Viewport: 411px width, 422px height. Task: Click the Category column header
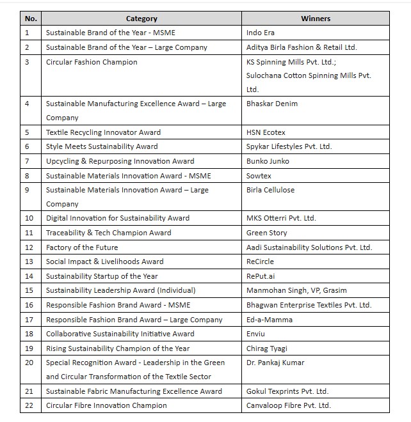tap(141, 19)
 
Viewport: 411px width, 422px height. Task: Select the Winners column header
tap(316, 19)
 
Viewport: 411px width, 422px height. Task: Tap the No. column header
tap(31, 19)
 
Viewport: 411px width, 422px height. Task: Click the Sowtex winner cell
tap(259, 175)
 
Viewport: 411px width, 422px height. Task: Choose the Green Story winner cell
tap(266, 233)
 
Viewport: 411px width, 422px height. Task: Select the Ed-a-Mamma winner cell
tap(269, 319)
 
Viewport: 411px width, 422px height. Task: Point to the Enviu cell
tap(257, 334)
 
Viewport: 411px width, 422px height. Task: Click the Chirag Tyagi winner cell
tap(267, 348)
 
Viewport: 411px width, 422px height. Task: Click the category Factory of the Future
tap(82, 247)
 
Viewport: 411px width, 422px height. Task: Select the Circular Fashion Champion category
tap(92, 62)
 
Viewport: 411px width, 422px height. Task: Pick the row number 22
tap(29, 405)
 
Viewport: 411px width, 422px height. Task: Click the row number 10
tap(29, 218)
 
